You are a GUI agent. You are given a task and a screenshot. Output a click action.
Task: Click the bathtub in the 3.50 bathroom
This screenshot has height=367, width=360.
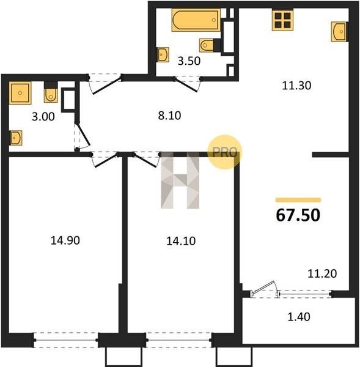196,20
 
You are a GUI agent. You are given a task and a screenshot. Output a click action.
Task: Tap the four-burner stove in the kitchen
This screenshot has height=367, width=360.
282,21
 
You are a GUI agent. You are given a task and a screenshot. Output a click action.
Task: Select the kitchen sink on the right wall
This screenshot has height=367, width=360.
339,32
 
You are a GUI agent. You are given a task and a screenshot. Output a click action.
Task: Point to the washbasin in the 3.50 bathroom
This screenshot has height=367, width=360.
163,55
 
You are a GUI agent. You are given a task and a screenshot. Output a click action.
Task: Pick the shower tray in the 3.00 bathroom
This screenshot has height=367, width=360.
20,93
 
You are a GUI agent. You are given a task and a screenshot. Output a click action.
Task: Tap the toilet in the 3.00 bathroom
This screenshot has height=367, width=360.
51,92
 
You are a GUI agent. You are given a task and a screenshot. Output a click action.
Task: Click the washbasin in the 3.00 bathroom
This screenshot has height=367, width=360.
16,138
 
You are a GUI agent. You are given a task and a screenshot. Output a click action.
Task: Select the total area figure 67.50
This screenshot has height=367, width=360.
298,215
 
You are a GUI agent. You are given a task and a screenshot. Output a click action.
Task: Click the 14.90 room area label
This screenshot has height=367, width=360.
65,240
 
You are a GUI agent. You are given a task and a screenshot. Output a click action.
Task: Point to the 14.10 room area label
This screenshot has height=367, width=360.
181,241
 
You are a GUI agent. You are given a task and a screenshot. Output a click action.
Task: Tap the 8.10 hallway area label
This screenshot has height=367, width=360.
169,116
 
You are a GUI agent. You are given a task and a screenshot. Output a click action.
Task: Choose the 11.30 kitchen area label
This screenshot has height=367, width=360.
296,86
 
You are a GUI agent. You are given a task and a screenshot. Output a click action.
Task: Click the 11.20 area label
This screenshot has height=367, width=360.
322,273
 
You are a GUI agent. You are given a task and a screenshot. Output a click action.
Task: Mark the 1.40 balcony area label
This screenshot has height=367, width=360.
299,317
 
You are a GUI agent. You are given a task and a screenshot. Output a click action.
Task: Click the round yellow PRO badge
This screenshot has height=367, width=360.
224,152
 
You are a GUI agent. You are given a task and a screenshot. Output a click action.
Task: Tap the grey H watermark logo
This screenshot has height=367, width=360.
180,180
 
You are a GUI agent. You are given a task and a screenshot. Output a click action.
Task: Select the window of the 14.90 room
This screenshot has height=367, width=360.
66,340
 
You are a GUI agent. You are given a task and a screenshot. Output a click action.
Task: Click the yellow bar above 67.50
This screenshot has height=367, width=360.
298,199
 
